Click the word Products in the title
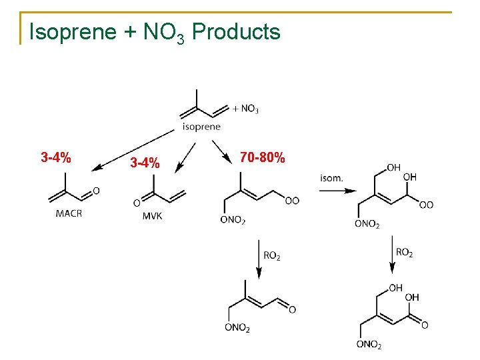click(x=236, y=32)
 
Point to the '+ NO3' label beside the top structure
click(x=246, y=107)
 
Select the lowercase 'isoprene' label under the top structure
click(x=201, y=127)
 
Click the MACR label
click(x=69, y=213)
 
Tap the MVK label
click(x=152, y=215)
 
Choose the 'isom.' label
click(x=331, y=177)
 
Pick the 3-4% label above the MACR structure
click(x=57, y=158)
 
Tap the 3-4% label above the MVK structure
click(x=145, y=163)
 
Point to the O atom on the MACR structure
click(x=96, y=191)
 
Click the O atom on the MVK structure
click(x=137, y=203)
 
